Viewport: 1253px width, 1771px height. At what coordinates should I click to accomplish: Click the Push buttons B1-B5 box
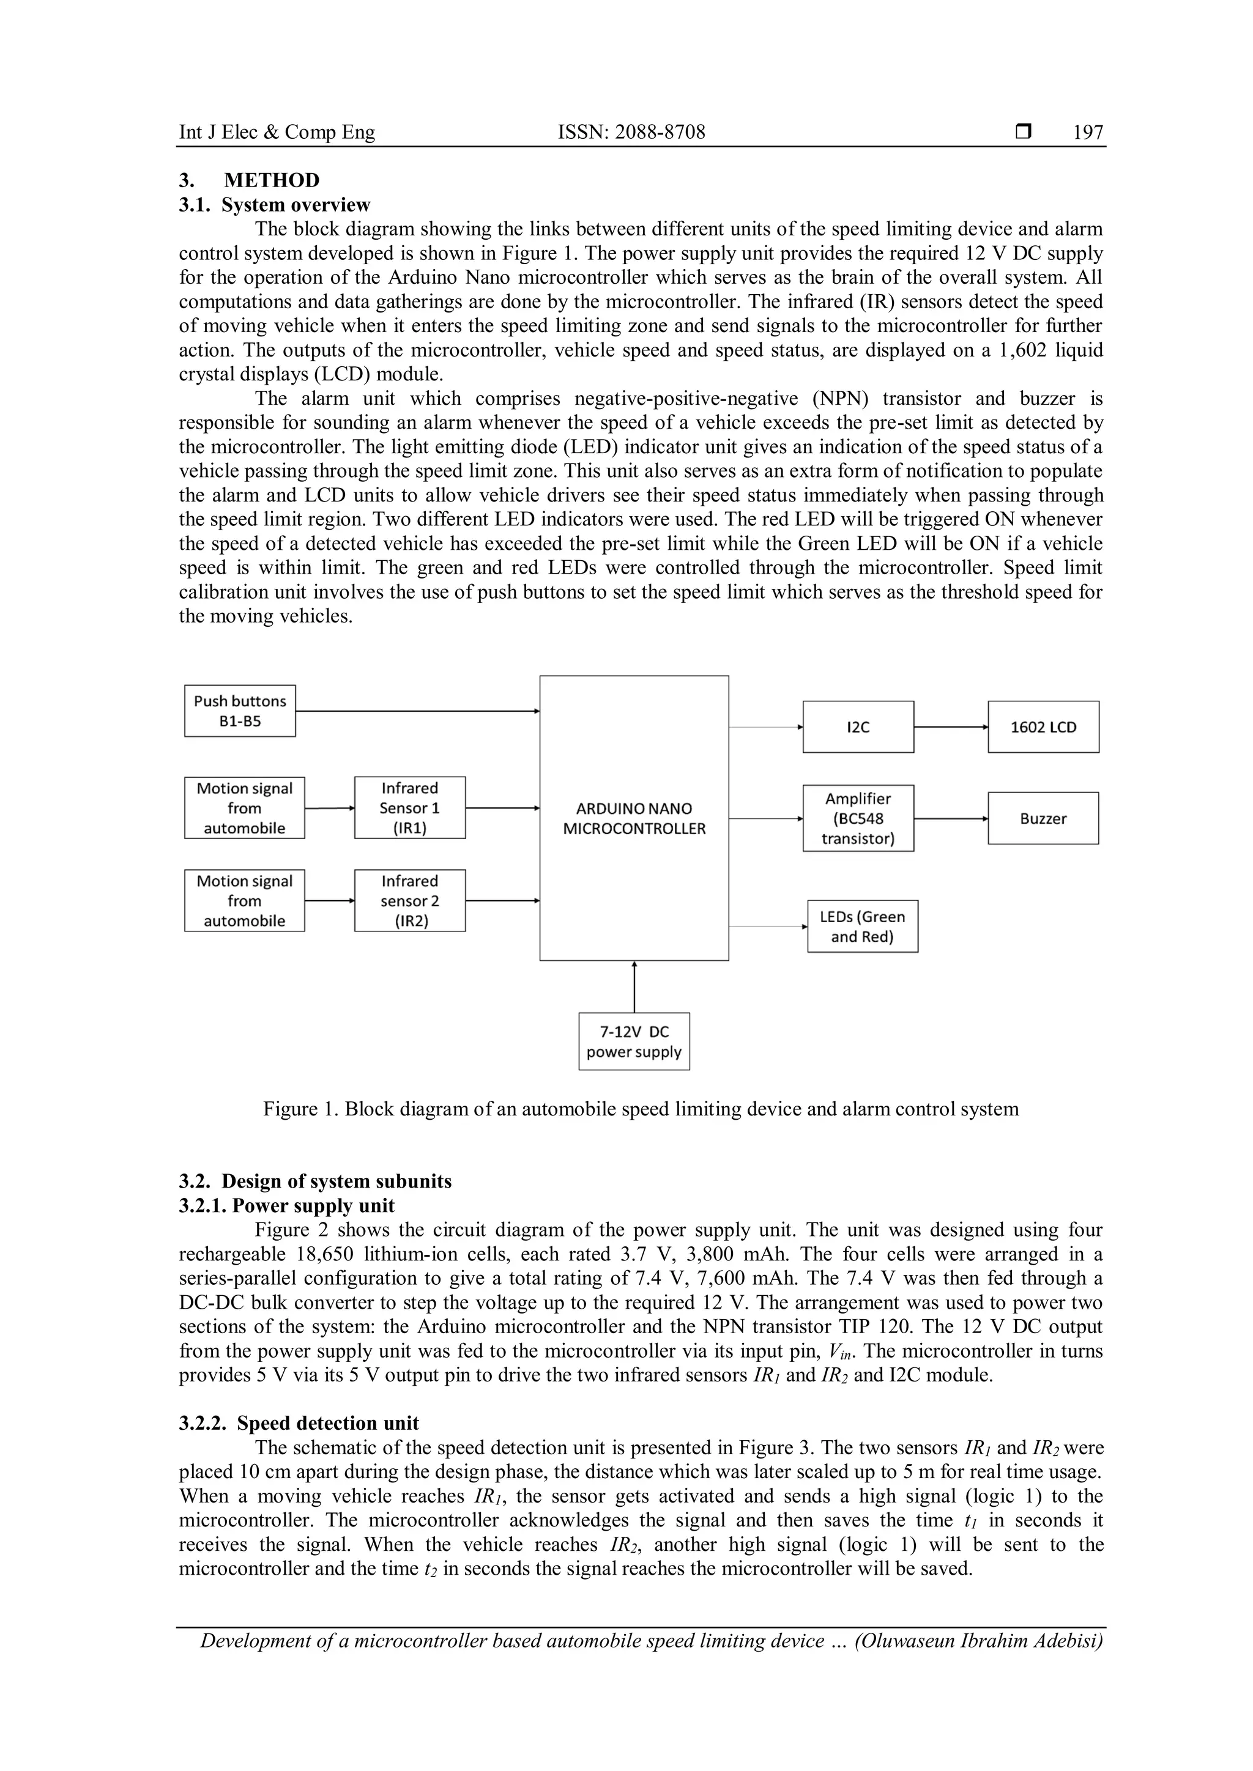240,711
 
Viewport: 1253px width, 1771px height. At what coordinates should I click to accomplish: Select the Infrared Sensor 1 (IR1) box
410,808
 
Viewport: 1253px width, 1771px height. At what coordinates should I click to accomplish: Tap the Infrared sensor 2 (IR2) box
410,900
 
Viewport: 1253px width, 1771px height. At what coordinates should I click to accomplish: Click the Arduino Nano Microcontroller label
634,818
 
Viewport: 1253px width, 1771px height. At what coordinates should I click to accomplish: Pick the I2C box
858,727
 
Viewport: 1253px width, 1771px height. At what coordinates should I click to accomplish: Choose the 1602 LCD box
1043,727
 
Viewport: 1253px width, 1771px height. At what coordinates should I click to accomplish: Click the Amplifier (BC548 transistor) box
858,818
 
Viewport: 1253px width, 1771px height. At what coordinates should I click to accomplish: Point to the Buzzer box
1043,818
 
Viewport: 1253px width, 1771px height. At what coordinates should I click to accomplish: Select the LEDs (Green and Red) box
863,926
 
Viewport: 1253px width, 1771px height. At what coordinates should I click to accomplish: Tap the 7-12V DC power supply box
634,1041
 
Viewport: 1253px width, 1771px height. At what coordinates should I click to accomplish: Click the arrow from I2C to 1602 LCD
951,727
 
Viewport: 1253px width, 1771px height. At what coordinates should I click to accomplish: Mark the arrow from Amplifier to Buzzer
951,818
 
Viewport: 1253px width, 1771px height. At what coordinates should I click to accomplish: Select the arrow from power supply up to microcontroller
634,986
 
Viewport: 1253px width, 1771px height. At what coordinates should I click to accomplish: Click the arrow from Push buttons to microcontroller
417,711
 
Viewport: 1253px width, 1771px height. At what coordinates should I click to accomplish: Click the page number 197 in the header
1088,133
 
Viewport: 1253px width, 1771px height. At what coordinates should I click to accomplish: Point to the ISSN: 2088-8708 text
631,133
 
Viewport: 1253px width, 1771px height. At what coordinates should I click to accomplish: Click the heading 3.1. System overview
275,205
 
